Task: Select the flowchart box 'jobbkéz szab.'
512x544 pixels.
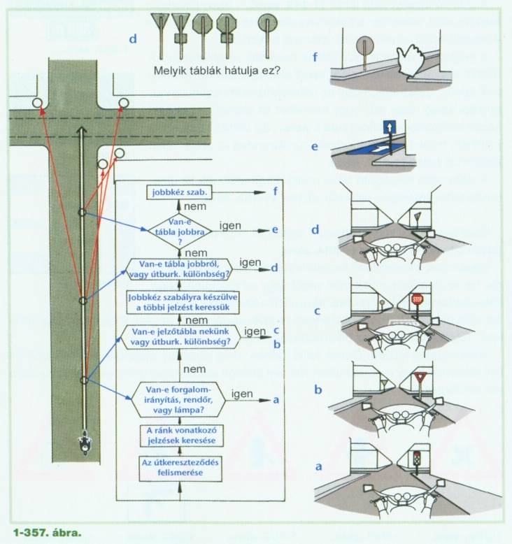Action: [x=178, y=192]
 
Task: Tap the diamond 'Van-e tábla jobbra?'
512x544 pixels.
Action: [x=178, y=231]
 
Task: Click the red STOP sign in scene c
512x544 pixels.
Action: [x=418, y=299]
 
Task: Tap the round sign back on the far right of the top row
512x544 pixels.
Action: [x=264, y=22]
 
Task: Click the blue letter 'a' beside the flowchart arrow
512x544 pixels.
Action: [x=276, y=400]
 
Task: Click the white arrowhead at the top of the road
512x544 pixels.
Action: [x=82, y=131]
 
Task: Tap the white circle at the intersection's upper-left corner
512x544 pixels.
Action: [x=37, y=104]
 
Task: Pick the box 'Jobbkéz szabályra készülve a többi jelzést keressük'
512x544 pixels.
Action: [x=178, y=302]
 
